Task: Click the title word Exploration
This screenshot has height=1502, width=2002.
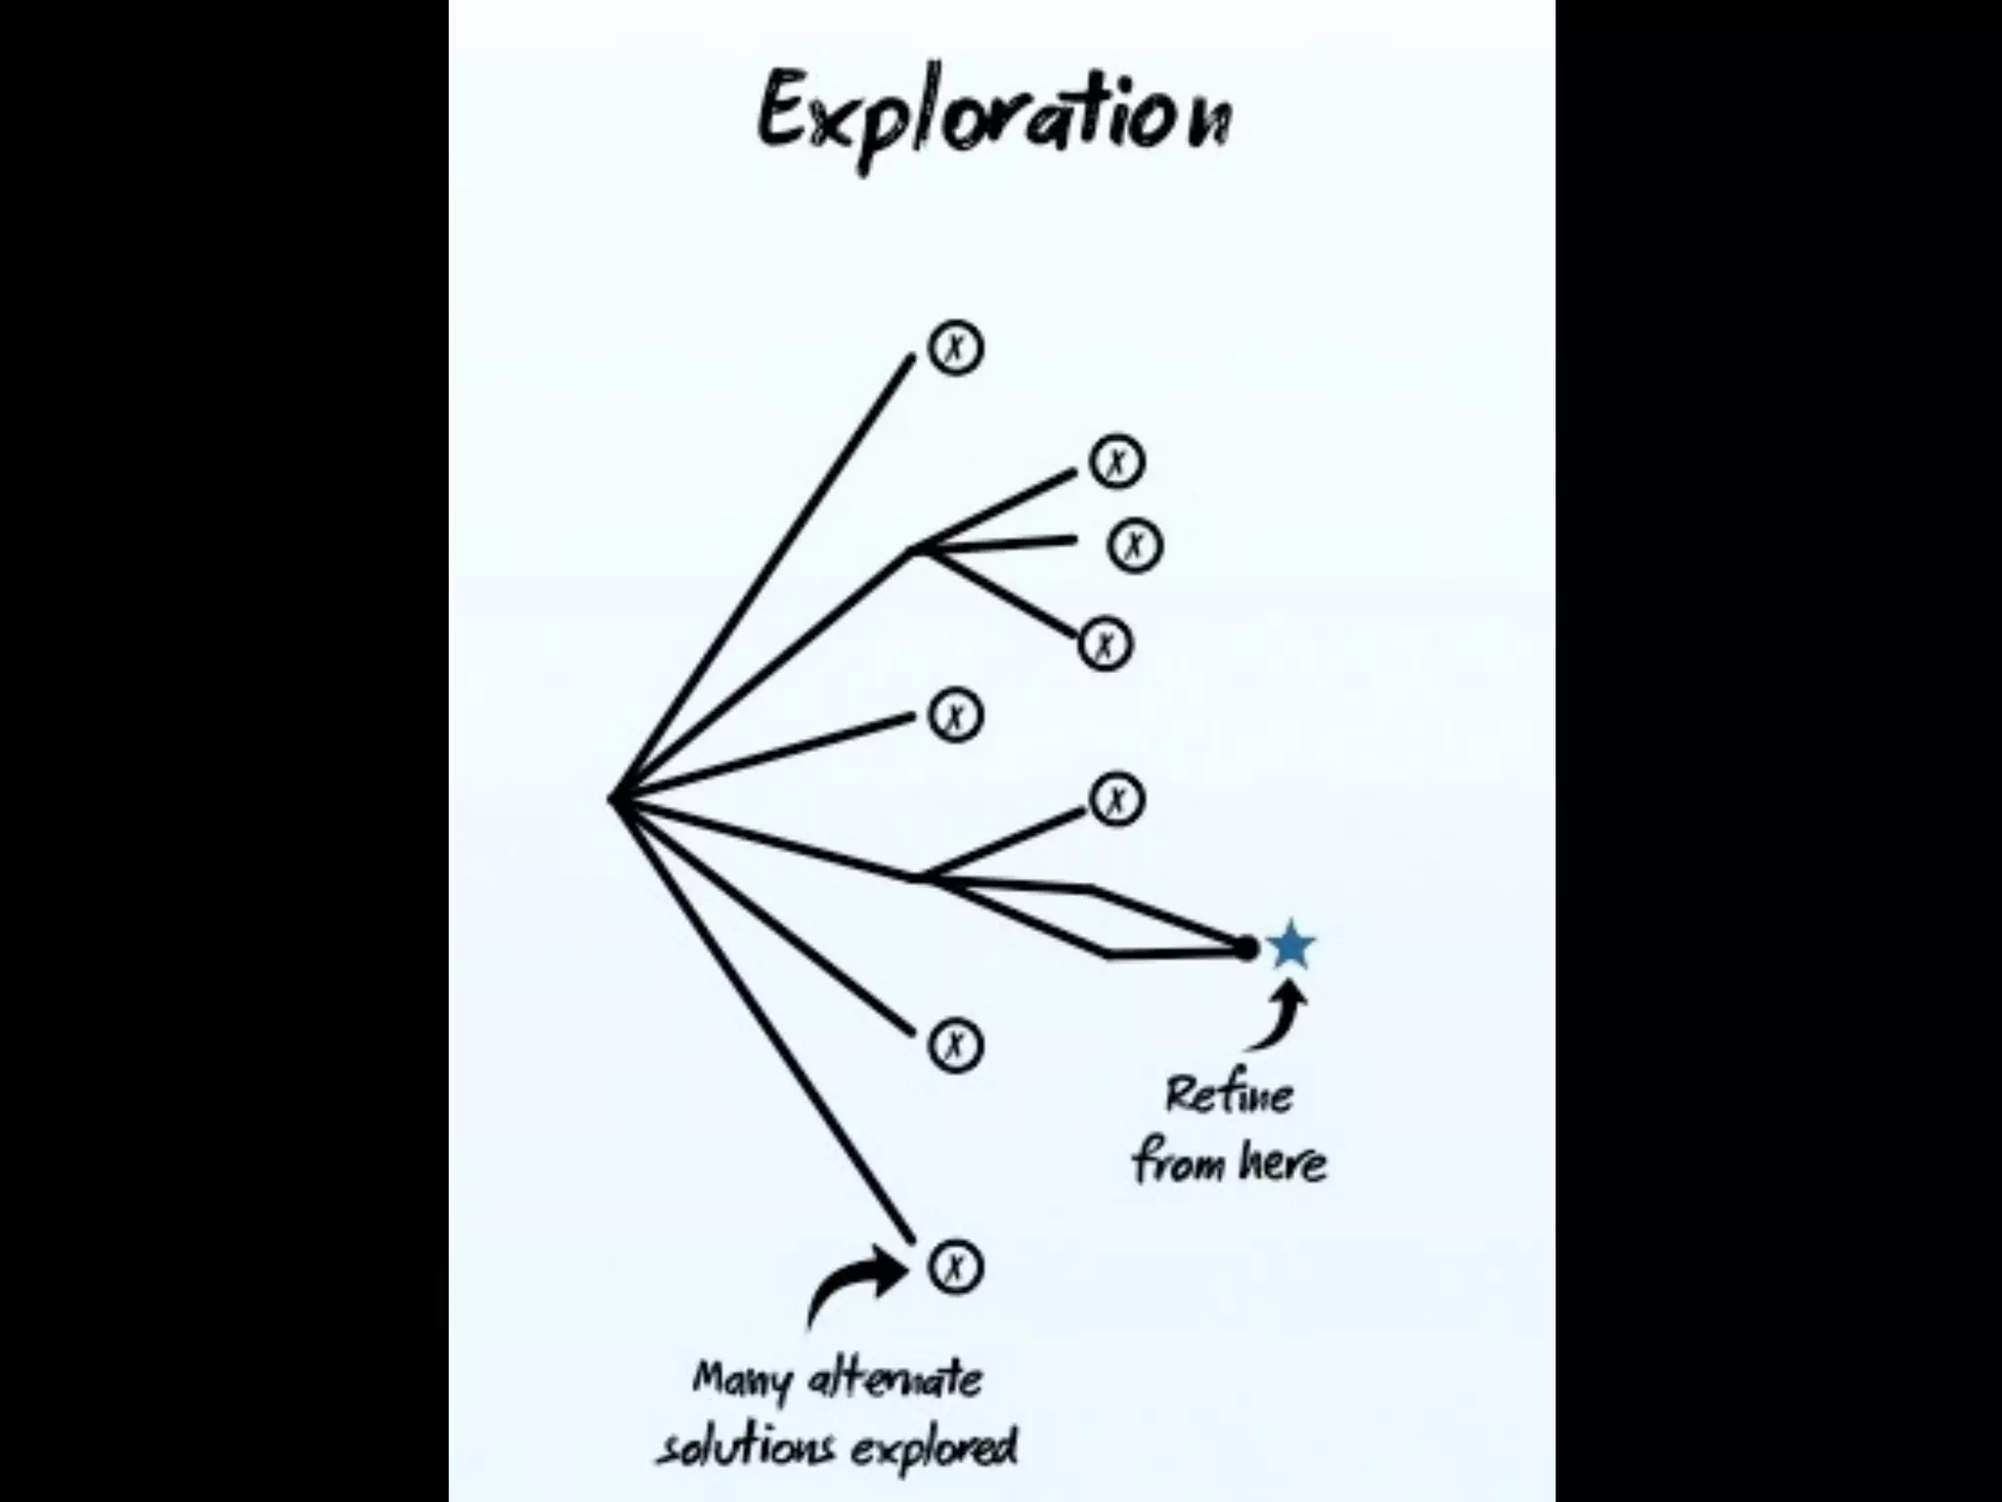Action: coord(993,117)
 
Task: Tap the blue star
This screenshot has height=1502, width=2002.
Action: coord(1290,946)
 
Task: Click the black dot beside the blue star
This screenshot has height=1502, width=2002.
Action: coord(1245,948)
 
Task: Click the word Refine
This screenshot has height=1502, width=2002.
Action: coord(1229,1094)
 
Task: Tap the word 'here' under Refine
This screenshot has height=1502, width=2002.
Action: coord(1282,1162)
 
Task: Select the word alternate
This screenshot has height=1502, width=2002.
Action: coord(895,1379)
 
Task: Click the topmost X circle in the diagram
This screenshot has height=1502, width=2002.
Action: coord(955,348)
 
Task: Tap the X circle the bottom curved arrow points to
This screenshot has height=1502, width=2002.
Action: coord(955,1267)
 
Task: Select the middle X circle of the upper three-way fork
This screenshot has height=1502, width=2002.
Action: coord(1135,546)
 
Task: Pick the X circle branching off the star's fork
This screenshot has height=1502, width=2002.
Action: coord(1116,800)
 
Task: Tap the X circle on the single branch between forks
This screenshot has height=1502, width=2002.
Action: coord(955,717)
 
